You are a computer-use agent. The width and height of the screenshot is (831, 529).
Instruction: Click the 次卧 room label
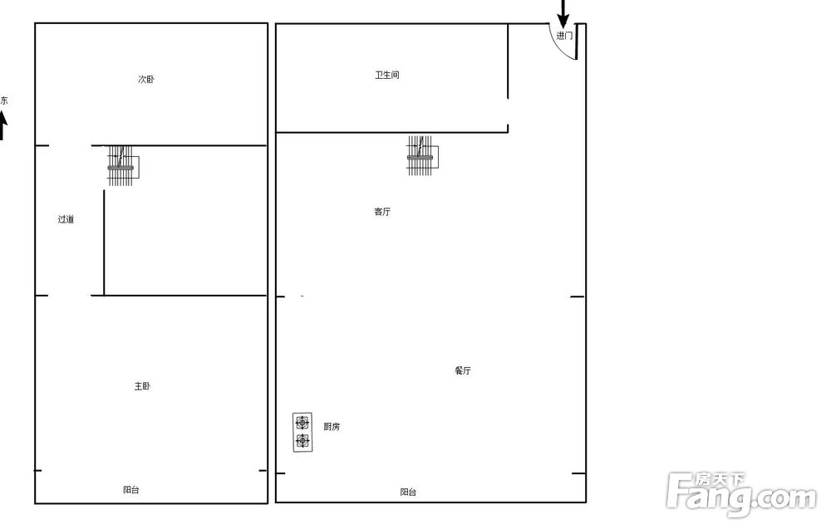pyautogui.click(x=146, y=80)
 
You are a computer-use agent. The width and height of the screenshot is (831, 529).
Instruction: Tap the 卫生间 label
pyautogui.click(x=387, y=76)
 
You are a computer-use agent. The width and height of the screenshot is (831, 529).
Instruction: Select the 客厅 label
pyautogui.click(x=382, y=212)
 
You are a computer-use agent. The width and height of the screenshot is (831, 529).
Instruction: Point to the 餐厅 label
pyautogui.click(x=463, y=370)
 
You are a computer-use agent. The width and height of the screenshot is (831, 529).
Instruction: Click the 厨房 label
pyautogui.click(x=332, y=426)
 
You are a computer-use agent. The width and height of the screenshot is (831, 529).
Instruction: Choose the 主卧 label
pyautogui.click(x=142, y=386)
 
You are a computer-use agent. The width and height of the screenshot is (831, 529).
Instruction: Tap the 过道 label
pyautogui.click(x=66, y=219)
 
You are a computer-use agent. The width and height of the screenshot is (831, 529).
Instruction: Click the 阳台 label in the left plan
pyautogui.click(x=131, y=490)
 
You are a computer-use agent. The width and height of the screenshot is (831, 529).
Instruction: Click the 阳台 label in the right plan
pyautogui.click(x=408, y=492)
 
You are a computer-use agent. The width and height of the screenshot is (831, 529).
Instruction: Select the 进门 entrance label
pyautogui.click(x=564, y=36)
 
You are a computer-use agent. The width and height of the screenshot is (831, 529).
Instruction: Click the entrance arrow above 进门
pyautogui.click(x=563, y=13)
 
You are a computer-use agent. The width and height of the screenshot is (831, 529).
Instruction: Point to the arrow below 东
pyautogui.click(x=2, y=127)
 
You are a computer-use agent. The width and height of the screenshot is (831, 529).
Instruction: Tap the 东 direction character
pyautogui.click(x=3, y=100)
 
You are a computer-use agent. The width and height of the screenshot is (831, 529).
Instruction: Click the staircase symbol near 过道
pyautogui.click(x=123, y=166)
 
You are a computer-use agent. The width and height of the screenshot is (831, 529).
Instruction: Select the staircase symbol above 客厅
pyautogui.click(x=422, y=155)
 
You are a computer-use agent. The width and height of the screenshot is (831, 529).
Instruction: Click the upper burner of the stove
pyautogui.click(x=302, y=423)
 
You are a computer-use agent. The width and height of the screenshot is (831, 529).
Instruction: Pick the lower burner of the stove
pyautogui.click(x=302, y=440)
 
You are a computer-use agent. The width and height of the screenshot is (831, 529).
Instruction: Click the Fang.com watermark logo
pyautogui.click(x=742, y=494)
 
